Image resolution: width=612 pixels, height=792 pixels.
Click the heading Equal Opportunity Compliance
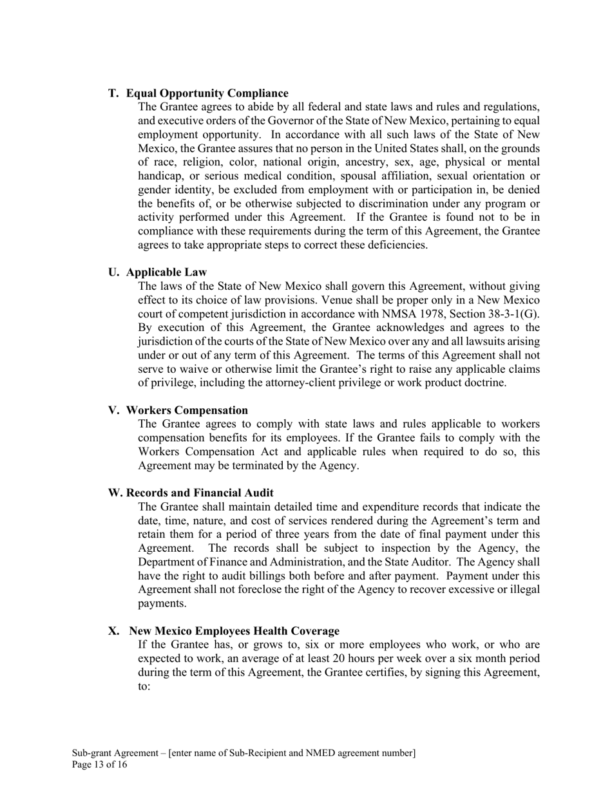tap(207, 93)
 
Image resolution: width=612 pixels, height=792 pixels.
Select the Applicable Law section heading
tap(166, 272)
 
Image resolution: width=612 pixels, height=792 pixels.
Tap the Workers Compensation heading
tap(187, 410)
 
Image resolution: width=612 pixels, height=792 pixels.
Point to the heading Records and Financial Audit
tap(200, 493)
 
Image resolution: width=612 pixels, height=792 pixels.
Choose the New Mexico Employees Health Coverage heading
tap(234, 630)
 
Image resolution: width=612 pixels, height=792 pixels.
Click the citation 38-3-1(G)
tap(510, 314)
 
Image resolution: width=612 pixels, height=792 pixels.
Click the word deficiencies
tap(394, 245)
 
